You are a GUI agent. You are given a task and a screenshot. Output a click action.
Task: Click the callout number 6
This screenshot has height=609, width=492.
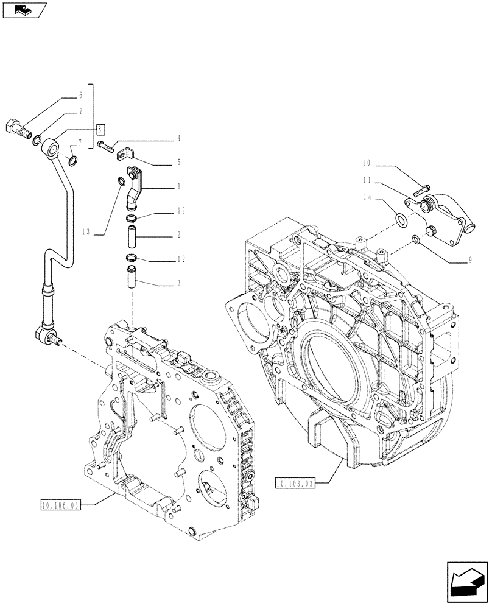(x=80, y=96)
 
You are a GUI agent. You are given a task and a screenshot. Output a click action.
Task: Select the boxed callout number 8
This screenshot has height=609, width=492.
(x=101, y=128)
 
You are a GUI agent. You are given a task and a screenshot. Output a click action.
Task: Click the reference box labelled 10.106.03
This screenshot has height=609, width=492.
(x=61, y=504)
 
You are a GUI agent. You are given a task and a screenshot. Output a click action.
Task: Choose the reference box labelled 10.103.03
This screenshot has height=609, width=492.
(x=295, y=484)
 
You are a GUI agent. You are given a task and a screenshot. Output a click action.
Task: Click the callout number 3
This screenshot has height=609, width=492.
(x=179, y=283)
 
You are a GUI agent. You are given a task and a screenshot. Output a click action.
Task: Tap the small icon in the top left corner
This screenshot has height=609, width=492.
(x=24, y=10)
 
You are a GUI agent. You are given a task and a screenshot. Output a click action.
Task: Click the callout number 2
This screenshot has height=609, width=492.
(x=179, y=234)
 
